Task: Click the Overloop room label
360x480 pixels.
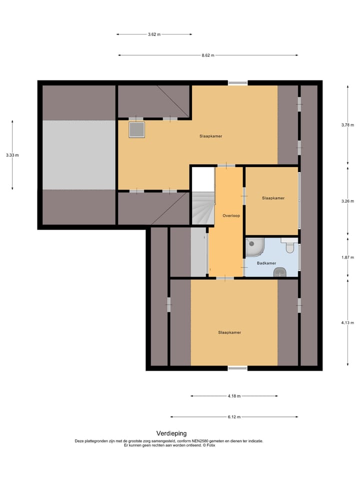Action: [231, 215]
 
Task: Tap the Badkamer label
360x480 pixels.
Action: [266, 262]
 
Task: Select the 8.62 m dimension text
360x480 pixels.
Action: [207, 55]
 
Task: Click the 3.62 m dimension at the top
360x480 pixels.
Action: [154, 34]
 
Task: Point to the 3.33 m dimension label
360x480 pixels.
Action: [12, 155]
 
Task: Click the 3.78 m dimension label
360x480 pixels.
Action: [347, 125]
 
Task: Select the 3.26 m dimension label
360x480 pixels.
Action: [347, 201]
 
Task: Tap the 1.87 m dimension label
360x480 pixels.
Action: [347, 257]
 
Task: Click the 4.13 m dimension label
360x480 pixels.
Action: [347, 323]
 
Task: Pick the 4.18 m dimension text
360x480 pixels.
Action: [234, 396]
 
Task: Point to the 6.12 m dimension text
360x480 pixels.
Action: [234, 417]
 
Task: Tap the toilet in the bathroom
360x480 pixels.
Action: [289, 246]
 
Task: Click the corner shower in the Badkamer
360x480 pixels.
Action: [254, 246]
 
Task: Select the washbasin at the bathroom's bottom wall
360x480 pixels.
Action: [279, 271]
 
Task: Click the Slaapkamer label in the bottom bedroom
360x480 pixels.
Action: [229, 332]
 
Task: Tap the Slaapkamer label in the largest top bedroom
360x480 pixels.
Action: [210, 136]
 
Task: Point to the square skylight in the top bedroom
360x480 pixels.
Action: [136, 130]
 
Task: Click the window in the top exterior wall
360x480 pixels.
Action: [237, 83]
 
